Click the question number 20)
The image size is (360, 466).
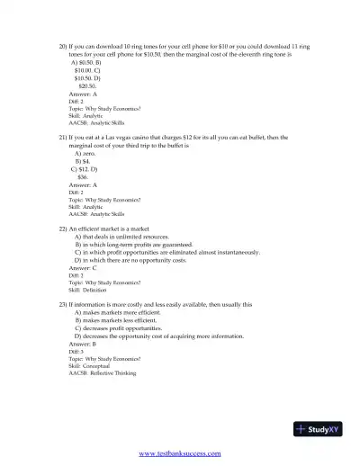tap(63, 44)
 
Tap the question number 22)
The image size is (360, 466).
tap(63, 229)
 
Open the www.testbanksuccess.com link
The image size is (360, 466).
tap(180, 454)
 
